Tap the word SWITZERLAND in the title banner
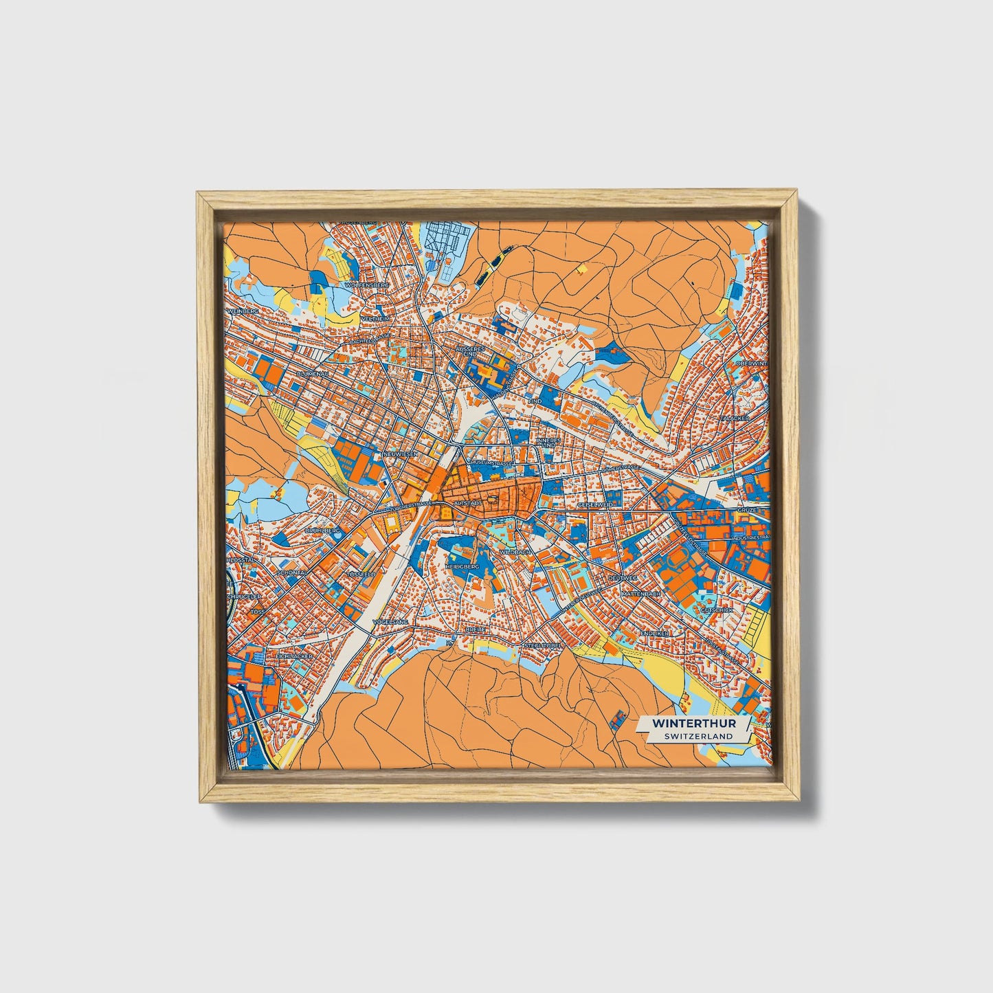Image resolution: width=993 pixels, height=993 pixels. [698, 736]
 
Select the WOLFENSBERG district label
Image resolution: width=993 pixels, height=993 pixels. [368, 284]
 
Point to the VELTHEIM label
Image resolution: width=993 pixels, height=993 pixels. [377, 320]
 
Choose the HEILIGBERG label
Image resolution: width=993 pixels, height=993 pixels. [462, 566]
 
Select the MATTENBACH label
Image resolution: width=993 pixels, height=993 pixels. [640, 592]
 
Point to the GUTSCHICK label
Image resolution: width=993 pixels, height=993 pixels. [717, 610]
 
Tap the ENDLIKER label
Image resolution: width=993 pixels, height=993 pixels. [654, 632]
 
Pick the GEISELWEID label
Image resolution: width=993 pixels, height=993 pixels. [595, 505]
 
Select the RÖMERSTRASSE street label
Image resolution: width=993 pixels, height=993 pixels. [618, 467]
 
